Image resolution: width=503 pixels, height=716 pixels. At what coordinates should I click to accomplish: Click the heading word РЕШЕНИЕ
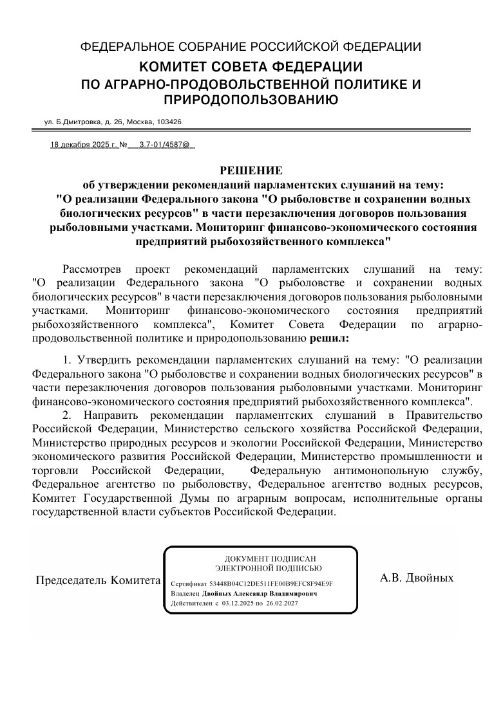click(251, 170)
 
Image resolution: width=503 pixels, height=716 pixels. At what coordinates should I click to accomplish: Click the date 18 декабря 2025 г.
click(84, 146)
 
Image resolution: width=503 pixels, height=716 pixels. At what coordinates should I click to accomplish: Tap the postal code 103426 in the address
click(169, 122)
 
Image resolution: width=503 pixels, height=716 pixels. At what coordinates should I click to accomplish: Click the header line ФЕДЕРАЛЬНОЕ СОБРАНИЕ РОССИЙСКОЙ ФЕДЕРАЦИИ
click(251, 47)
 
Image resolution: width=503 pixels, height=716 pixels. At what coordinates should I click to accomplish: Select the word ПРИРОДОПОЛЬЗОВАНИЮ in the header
click(251, 99)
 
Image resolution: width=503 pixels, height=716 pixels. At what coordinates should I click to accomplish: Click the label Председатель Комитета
click(97, 580)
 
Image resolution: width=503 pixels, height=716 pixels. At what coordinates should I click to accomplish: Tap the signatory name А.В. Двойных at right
click(417, 578)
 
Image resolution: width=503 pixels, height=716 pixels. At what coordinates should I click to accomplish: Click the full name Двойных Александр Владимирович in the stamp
click(259, 594)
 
